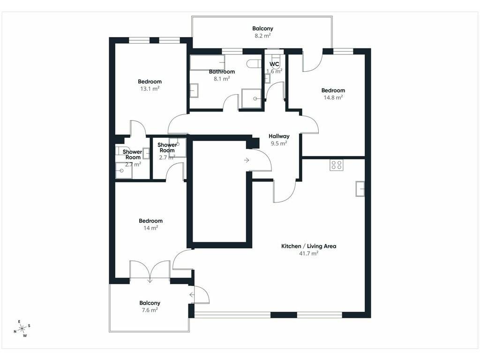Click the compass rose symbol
tap(22, 329)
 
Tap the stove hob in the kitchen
tap(336, 165)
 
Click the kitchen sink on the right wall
tap(360, 188)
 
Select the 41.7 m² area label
tap(308, 253)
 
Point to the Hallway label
tap(279, 136)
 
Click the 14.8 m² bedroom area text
tap(333, 97)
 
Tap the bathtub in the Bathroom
tap(207, 62)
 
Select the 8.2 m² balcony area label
tap(262, 36)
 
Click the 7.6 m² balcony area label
tap(150, 310)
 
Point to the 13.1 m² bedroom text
tap(150, 89)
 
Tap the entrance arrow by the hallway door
tap(247, 160)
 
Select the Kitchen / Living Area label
tap(308, 246)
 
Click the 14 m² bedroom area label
tap(150, 228)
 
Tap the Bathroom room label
tap(222, 72)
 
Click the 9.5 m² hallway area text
tap(279, 143)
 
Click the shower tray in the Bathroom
tap(251, 98)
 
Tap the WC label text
tap(274, 64)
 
